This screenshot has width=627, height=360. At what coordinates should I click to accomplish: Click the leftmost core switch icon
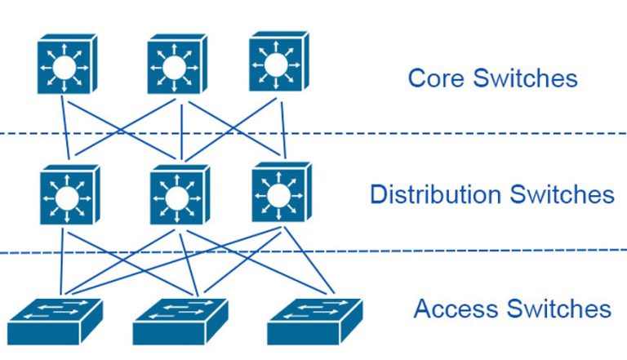(x=67, y=64)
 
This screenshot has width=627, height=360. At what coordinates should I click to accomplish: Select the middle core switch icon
(x=177, y=64)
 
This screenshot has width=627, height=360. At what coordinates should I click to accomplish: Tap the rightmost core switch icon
(x=278, y=61)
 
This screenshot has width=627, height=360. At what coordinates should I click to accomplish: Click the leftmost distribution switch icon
(x=70, y=195)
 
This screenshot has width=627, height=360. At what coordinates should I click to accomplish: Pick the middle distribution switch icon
(x=180, y=195)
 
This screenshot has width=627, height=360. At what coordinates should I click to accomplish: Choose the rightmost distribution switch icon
(x=282, y=192)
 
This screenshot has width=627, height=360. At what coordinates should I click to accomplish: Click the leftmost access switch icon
(x=56, y=322)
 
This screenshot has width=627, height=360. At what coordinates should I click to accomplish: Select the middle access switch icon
(x=180, y=322)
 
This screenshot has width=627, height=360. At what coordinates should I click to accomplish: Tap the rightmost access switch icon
(x=315, y=322)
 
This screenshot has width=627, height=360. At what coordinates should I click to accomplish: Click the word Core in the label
(x=437, y=78)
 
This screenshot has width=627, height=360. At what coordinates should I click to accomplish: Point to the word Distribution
(x=435, y=194)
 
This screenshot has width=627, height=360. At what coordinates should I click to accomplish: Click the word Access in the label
(x=457, y=309)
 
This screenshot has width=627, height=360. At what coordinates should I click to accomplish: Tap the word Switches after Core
(x=526, y=78)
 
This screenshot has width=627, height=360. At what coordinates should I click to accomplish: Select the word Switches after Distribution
(x=563, y=194)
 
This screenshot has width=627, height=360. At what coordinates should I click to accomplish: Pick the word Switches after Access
(x=559, y=309)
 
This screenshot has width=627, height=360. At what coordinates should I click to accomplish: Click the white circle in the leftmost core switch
(x=64, y=68)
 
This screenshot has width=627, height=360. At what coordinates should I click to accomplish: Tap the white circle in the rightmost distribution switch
(x=278, y=196)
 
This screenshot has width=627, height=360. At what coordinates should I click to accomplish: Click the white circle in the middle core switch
(x=174, y=68)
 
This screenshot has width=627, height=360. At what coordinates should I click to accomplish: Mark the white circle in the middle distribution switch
(x=176, y=198)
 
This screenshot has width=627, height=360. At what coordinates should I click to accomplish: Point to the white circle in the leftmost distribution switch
(x=67, y=198)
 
